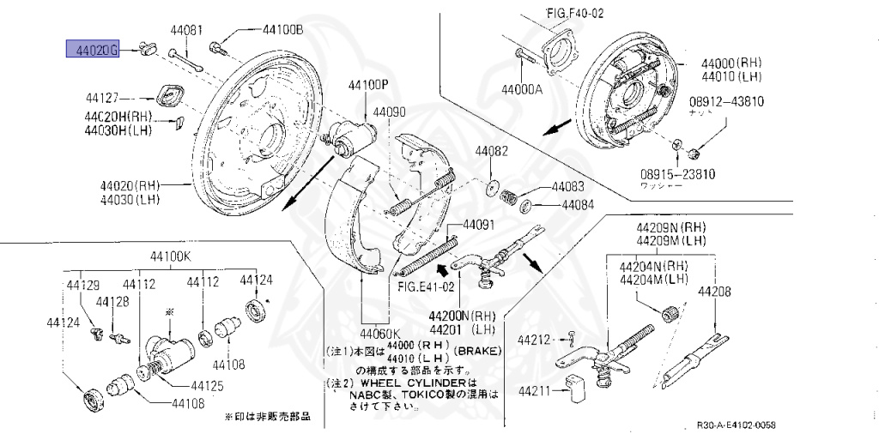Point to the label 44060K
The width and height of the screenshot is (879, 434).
point(380,334)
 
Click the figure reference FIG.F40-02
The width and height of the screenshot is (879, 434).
point(575,15)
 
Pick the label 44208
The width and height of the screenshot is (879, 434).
point(714,292)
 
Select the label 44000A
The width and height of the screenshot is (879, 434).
point(525,88)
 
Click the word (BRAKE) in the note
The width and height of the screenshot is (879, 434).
point(482,352)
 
